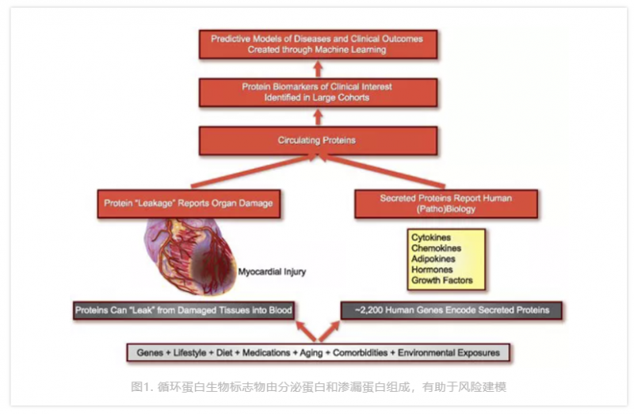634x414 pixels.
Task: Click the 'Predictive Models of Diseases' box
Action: [317, 44]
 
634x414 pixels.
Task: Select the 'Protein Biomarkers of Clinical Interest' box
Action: [317, 92]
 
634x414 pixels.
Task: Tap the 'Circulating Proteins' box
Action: [317, 140]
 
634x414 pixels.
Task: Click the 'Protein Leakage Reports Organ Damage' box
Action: [189, 203]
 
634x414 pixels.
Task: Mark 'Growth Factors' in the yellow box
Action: [441, 280]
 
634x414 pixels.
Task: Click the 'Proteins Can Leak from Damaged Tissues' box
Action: [185, 310]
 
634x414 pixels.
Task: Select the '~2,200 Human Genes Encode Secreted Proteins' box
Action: [452, 310]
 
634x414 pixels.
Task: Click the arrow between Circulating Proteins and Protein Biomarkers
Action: [318, 116]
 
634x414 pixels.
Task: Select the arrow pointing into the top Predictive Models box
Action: [318, 67]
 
